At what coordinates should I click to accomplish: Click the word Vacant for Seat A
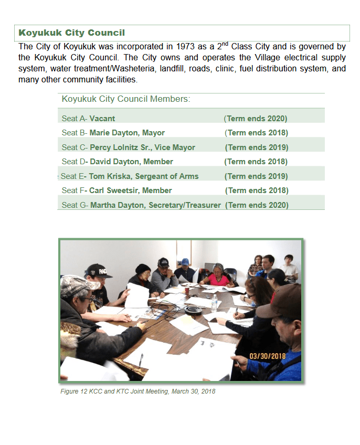click(102, 119)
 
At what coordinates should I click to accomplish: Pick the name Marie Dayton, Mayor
click(127, 133)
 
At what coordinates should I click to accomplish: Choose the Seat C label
click(74, 147)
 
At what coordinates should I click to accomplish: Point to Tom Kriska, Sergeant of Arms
click(143, 176)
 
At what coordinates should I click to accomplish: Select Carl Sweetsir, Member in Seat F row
click(130, 190)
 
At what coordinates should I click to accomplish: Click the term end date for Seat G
click(257, 205)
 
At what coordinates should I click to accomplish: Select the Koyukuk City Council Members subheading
click(126, 99)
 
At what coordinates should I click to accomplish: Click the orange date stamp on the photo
click(267, 356)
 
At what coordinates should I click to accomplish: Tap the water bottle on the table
click(214, 302)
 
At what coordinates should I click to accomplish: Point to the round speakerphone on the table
click(190, 309)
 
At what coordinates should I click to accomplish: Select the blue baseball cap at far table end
click(185, 261)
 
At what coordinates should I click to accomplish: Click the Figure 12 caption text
click(138, 391)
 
